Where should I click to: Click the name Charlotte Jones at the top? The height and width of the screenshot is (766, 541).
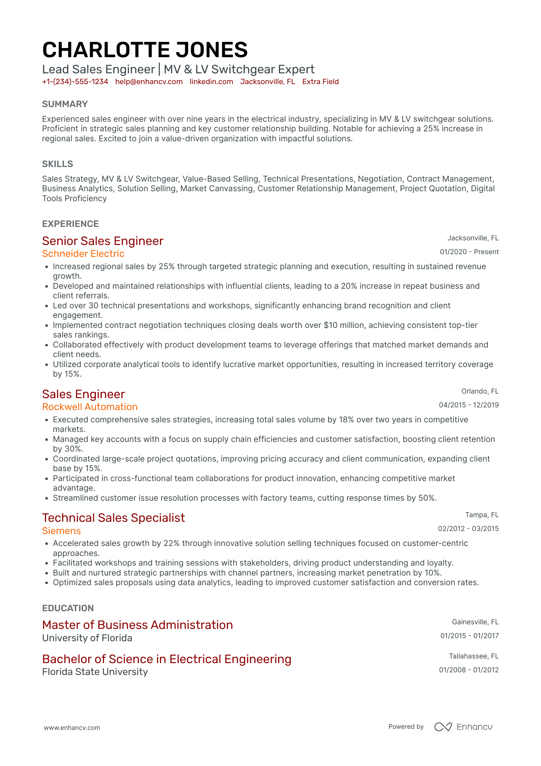(x=145, y=50)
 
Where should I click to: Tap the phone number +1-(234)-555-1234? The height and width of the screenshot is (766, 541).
(x=75, y=82)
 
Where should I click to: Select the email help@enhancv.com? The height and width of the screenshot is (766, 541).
(x=149, y=82)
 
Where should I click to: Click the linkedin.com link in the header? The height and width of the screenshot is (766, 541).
(x=211, y=82)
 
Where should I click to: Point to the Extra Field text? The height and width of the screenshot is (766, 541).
(x=320, y=82)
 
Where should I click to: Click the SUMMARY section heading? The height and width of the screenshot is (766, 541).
(x=65, y=104)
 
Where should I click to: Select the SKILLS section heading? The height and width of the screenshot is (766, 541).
(x=58, y=164)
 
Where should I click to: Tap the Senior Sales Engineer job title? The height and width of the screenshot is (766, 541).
(x=102, y=241)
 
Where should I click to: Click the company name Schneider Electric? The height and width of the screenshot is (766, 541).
(x=83, y=254)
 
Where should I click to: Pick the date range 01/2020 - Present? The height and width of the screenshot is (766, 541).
(x=469, y=252)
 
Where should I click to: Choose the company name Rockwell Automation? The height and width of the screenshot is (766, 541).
(x=90, y=407)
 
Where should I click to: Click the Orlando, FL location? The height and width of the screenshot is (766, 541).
(x=480, y=391)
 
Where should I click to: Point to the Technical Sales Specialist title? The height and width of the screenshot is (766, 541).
(x=114, y=518)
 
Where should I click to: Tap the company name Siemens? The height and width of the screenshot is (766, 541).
(x=61, y=531)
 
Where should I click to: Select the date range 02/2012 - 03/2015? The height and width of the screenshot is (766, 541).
(x=468, y=529)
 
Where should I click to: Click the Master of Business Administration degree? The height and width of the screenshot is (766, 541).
(x=137, y=625)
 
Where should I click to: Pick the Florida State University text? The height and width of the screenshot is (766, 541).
(x=95, y=672)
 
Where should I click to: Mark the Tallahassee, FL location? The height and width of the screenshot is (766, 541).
(x=473, y=656)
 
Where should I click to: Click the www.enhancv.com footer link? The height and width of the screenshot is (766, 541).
(x=72, y=728)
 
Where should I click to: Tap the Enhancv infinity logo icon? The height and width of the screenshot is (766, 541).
(x=443, y=727)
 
